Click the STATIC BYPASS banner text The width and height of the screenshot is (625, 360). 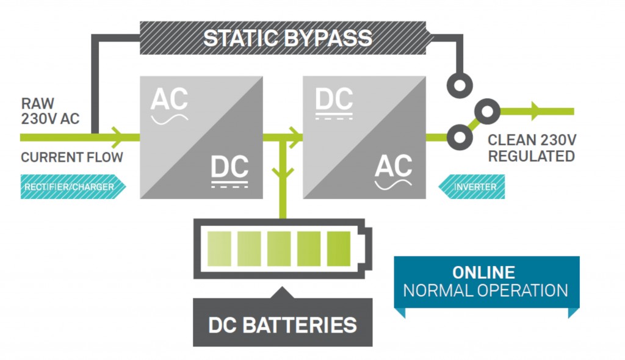click(287, 38)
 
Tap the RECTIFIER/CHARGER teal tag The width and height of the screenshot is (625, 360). click(69, 187)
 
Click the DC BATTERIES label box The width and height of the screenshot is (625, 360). click(283, 324)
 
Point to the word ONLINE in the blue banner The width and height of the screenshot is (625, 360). click(483, 272)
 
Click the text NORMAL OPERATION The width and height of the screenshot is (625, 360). click(485, 290)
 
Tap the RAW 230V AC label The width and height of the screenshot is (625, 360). click(50, 111)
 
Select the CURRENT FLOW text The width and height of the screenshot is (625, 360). click(72, 157)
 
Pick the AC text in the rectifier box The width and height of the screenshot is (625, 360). click(169, 99)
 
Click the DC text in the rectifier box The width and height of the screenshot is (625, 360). click(229, 167)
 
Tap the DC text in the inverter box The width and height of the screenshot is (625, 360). click(334, 99)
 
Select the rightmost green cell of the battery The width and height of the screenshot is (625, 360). click(339, 249)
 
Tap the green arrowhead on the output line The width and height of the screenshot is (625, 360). click(536, 112)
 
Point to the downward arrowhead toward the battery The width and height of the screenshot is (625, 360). click(283, 172)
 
